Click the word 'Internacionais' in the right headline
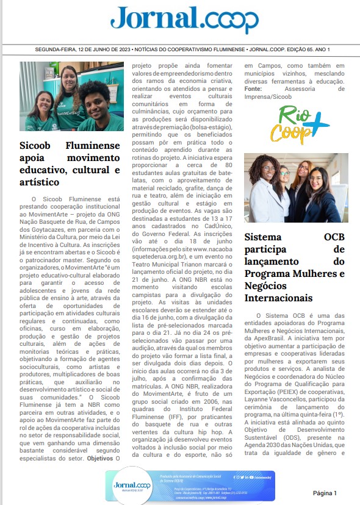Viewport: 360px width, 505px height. (x=278, y=298)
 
